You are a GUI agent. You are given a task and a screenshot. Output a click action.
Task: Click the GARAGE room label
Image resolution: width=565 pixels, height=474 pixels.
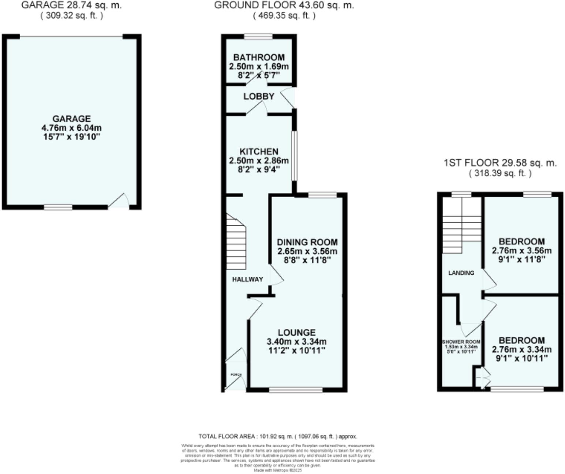[x=71, y=118]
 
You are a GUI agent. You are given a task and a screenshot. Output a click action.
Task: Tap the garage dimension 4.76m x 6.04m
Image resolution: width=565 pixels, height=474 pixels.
[x=71, y=128]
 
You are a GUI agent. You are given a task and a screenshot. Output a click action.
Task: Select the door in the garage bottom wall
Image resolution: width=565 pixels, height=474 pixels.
[x=119, y=202]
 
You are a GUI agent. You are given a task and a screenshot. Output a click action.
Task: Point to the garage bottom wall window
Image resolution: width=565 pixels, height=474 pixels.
[x=58, y=207]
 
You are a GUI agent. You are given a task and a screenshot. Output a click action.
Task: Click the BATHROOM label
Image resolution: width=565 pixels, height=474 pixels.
[x=259, y=57]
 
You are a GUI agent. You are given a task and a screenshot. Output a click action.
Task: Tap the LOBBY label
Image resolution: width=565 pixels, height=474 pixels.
[x=259, y=96]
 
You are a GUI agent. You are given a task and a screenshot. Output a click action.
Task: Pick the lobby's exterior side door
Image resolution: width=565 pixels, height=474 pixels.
[x=289, y=98]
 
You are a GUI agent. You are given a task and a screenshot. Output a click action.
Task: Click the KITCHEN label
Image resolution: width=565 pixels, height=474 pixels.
[x=259, y=151]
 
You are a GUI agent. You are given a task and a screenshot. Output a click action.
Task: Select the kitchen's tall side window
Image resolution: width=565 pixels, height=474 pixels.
[x=294, y=156]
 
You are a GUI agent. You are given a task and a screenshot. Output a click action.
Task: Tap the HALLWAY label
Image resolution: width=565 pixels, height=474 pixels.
[x=247, y=279]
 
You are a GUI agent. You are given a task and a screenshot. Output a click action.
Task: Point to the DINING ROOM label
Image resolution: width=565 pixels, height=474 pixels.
[x=307, y=242]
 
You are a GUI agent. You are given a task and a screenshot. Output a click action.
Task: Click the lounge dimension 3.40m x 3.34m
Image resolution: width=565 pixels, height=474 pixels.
[x=296, y=342]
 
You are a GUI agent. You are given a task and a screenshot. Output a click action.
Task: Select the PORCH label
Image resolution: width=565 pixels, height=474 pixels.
[x=236, y=375]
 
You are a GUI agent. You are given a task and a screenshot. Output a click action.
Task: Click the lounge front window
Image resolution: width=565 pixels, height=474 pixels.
[x=296, y=390]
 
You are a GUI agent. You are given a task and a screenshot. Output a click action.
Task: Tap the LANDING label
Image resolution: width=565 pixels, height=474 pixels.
[x=461, y=273]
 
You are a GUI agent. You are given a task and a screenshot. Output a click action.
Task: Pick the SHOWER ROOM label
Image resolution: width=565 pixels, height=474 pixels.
[x=461, y=342]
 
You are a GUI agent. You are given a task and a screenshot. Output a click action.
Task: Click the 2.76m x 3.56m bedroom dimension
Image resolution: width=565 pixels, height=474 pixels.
[x=521, y=251]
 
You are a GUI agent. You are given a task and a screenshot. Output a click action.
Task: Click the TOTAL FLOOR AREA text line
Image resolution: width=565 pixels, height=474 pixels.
[x=278, y=436]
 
